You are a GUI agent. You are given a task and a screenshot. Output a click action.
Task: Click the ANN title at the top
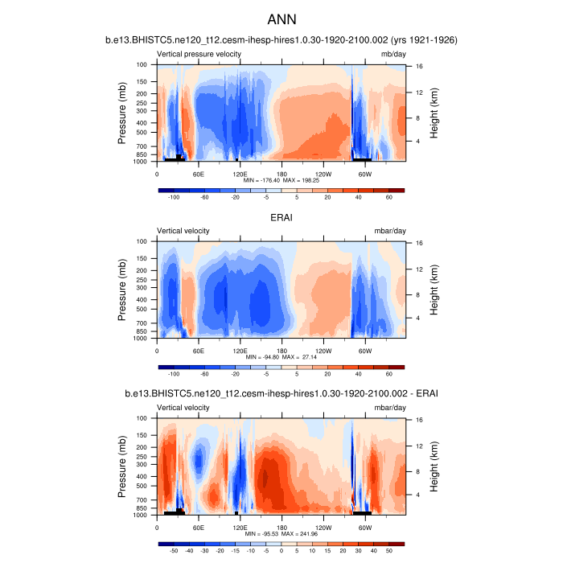[281, 18]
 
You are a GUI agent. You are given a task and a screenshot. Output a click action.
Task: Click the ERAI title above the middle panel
[281, 216]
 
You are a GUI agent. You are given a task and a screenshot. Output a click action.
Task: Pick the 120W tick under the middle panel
[323, 350]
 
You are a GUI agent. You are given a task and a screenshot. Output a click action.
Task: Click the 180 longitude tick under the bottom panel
[281, 527]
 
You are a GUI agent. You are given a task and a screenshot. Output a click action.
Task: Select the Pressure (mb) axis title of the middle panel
[122, 290]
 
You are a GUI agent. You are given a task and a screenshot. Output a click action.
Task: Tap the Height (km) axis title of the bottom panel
[434, 466]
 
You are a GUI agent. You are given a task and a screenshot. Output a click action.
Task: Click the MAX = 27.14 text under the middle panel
[303, 358]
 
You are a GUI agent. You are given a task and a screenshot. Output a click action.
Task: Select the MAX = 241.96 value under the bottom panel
[304, 535]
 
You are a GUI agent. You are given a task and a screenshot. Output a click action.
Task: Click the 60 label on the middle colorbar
[388, 373]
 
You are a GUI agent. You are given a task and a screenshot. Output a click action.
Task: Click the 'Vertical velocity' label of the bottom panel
[183, 407]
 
